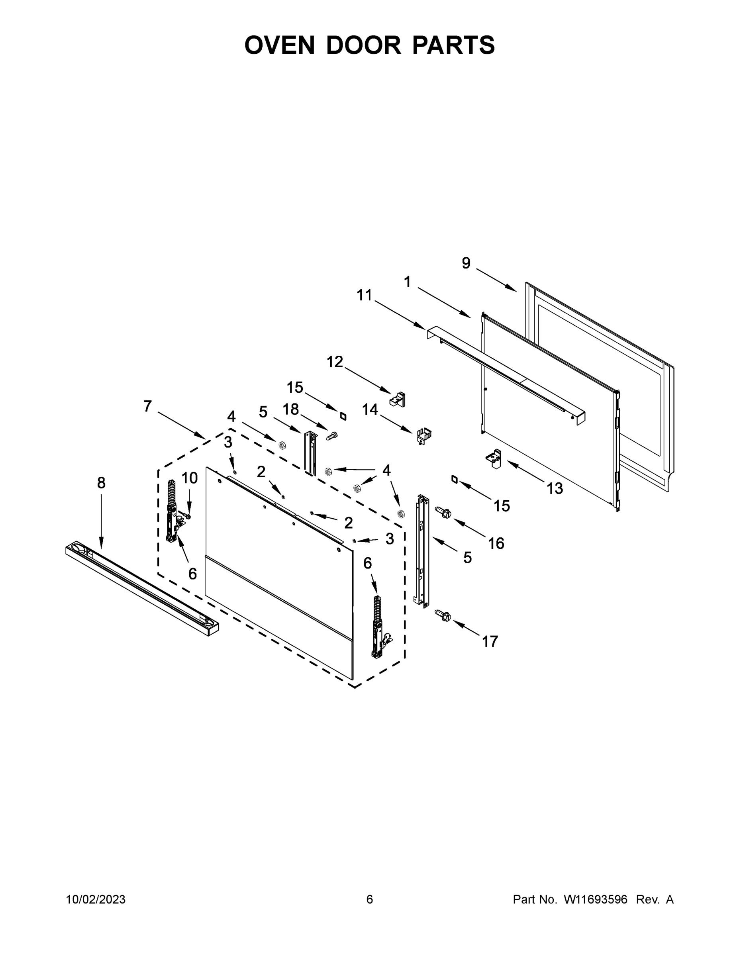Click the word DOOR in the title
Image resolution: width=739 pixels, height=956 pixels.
pyautogui.click(x=363, y=45)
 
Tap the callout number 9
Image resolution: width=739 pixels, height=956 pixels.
pyautogui.click(x=466, y=263)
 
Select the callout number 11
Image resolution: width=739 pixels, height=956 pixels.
pyautogui.click(x=364, y=296)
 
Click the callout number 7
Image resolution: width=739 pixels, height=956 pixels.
pyautogui.click(x=147, y=407)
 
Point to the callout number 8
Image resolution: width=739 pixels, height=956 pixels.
pyautogui.click(x=101, y=483)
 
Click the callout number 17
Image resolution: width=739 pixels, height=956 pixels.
pyautogui.click(x=490, y=642)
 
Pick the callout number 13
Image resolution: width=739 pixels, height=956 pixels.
pyautogui.click(x=555, y=488)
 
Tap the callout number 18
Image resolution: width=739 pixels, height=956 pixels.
pyautogui.click(x=291, y=409)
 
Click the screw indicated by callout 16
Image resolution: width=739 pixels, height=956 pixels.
pyautogui.click(x=443, y=512)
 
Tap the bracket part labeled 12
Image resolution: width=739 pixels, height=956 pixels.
pyautogui.click(x=398, y=399)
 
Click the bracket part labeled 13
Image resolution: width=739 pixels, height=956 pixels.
pyautogui.click(x=493, y=458)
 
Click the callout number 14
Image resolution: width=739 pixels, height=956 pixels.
pyautogui.click(x=370, y=410)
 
